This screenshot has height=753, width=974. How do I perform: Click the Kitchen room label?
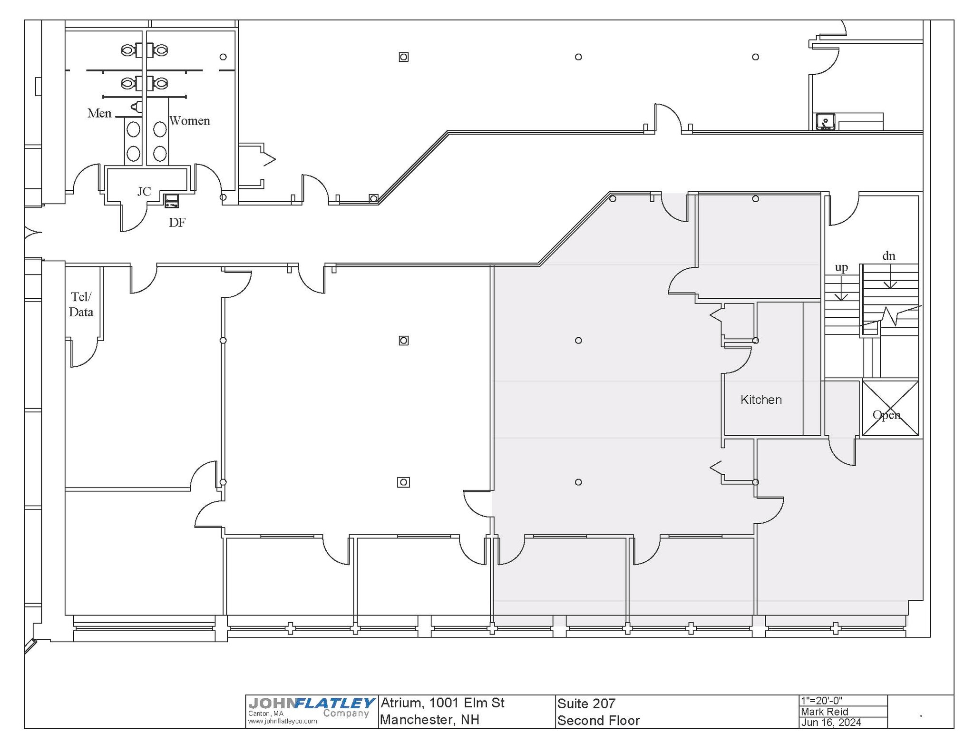click(x=761, y=400)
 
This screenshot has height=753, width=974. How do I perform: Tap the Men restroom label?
click(x=99, y=113)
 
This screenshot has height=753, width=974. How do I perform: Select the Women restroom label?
click(x=190, y=121)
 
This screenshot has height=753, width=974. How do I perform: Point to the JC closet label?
click(x=144, y=191)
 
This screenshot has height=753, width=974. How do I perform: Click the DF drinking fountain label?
click(x=177, y=223)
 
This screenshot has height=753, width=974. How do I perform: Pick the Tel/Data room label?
click(x=81, y=304)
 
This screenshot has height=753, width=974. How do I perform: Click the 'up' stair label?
click(x=841, y=267)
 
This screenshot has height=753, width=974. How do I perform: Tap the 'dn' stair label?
click(x=889, y=256)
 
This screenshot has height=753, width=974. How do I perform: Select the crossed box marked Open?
click(x=890, y=408)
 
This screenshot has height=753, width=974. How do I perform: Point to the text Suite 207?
click(x=586, y=704)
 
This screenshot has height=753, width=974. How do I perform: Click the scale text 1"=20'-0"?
click(x=821, y=700)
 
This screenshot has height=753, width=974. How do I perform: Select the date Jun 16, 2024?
click(x=831, y=723)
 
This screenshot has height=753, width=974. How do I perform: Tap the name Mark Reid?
click(x=824, y=712)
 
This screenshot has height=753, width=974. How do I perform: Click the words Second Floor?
click(x=598, y=721)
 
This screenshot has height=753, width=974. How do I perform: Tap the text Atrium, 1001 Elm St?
click(x=442, y=703)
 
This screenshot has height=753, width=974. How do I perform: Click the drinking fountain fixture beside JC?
click(x=172, y=201)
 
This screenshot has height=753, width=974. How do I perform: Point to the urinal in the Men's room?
click(x=137, y=107)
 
